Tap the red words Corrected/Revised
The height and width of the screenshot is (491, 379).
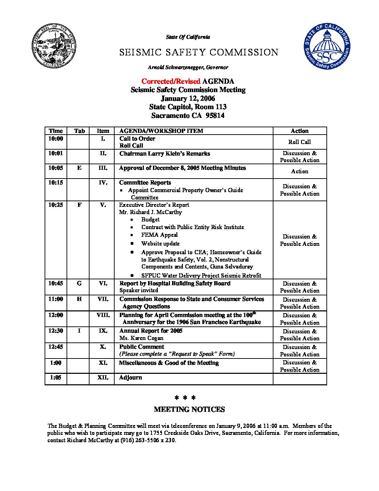coord(171,81)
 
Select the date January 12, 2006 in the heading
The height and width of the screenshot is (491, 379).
coord(188,98)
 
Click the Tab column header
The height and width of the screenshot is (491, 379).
coord(79,131)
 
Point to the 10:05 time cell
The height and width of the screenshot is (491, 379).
coord(56,168)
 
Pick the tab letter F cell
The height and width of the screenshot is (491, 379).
coord(79,205)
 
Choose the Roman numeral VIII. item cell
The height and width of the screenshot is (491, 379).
coord(103,315)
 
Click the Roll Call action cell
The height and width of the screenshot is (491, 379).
coord(300,142)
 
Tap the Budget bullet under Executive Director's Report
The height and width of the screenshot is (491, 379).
coord(150,220)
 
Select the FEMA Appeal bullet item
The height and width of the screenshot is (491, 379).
coord(160,235)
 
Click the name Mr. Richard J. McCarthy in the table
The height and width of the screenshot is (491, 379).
coord(150,212)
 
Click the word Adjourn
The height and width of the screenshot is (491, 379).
coord(131,378)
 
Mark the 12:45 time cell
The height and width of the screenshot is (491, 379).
coord(56,347)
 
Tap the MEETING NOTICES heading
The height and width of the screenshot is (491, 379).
coord(189,410)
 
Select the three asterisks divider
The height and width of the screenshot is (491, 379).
coord(185,398)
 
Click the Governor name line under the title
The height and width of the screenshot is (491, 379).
coord(188,67)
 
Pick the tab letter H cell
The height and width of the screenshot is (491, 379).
coord(79,299)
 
